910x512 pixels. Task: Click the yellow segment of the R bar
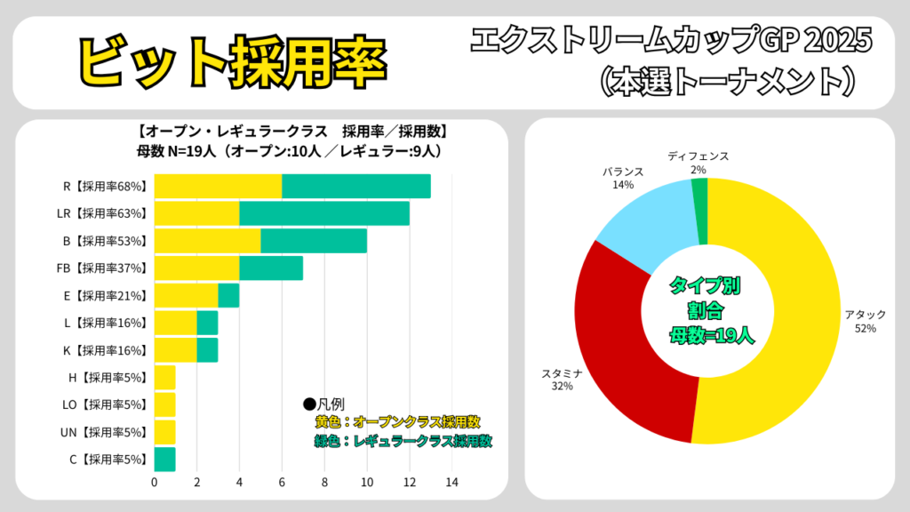(x=218, y=187)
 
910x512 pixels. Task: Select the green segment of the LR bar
(x=324, y=213)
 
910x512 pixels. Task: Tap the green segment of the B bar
(x=313, y=241)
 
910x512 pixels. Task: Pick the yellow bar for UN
(x=164, y=432)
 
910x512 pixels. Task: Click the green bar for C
(x=164, y=460)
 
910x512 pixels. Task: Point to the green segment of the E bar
(x=228, y=295)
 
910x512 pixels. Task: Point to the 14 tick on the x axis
(x=451, y=483)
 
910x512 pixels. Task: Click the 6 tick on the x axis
(x=282, y=483)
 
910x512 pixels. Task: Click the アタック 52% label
(x=865, y=322)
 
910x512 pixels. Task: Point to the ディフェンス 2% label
(x=698, y=163)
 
